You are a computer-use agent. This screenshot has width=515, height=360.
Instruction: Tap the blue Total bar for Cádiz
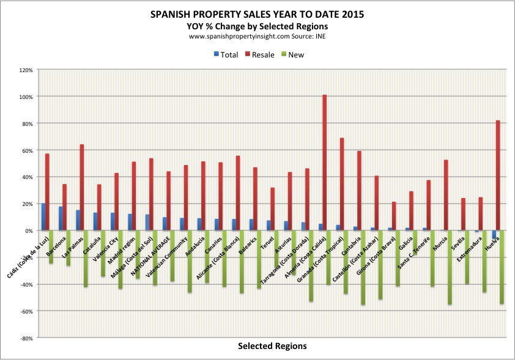[43, 217]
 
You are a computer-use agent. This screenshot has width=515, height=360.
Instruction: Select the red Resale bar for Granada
[341, 184]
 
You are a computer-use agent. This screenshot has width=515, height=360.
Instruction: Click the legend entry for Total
[226, 54]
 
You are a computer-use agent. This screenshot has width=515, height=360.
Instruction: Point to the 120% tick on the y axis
[26, 70]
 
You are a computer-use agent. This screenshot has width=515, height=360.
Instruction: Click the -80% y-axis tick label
[26, 338]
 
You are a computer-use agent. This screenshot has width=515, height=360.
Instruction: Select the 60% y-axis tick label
[27, 150]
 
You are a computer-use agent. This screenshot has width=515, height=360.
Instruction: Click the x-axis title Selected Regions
[272, 346]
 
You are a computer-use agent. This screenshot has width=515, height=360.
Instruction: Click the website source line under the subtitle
[257, 37]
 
